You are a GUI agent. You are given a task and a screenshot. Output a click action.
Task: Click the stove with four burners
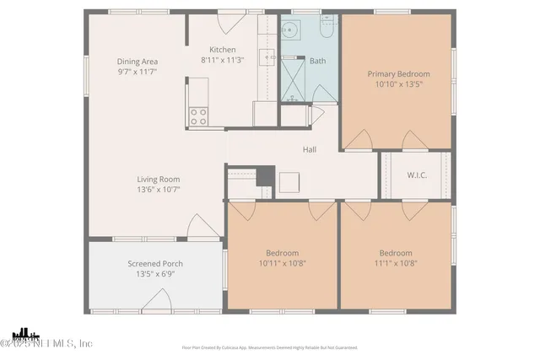(198, 116)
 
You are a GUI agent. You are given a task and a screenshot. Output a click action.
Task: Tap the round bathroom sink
(291, 31)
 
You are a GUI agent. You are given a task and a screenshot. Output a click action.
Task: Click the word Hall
(310, 150)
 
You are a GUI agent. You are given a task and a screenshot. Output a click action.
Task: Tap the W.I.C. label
(416, 176)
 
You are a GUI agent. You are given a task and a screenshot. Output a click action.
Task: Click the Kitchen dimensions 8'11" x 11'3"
(223, 61)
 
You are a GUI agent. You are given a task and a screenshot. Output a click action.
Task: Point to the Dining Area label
(137, 62)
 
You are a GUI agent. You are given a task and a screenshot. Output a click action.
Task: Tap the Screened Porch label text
(154, 263)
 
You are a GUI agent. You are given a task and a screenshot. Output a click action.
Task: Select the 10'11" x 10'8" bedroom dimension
(282, 264)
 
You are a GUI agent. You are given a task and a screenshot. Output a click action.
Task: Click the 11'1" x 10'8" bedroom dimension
(395, 264)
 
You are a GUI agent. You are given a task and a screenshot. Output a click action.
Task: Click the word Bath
(317, 61)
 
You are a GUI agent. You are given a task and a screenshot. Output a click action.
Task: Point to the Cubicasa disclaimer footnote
(270, 347)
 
